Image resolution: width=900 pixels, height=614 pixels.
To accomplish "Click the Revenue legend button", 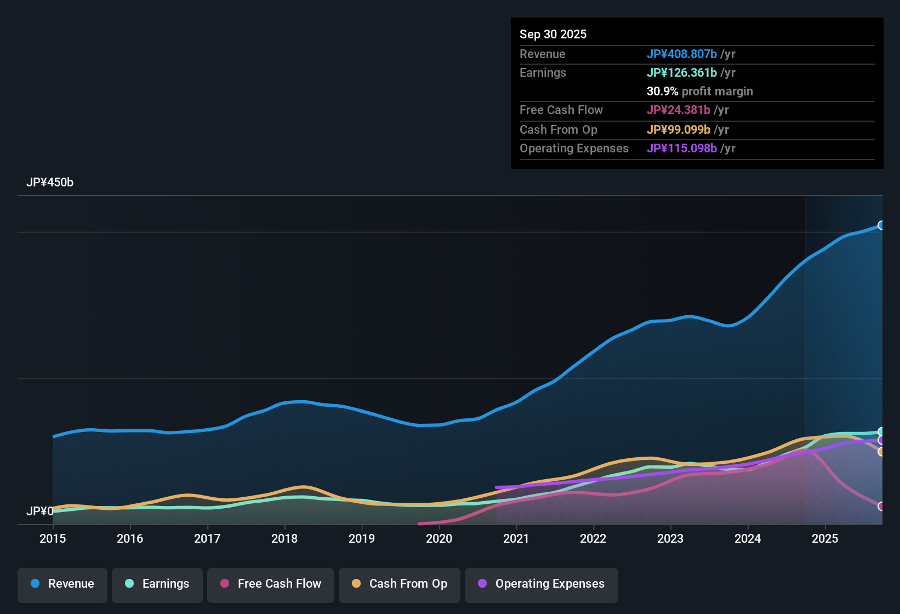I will pos(62,584).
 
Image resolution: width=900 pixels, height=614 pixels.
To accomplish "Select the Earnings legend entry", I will pos(157,584).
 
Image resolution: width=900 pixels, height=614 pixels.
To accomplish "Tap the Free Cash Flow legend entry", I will pos(271,584).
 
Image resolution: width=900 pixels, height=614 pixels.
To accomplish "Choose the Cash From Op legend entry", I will pos(400,584).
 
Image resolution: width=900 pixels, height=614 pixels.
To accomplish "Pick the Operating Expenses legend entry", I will pos(542,584).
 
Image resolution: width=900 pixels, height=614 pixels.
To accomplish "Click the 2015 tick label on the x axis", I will pos(53,539).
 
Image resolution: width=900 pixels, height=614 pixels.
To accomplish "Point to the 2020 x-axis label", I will pos(439,539).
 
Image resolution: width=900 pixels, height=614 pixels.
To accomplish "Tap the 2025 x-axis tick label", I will pos(825,539).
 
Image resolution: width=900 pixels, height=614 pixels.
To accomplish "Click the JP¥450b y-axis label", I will pos(50,183).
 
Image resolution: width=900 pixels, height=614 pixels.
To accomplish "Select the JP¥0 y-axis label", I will pos(39,511).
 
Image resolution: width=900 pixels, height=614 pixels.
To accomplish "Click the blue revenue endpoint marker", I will pos(881,225).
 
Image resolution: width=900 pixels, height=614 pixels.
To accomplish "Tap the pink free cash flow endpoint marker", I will pos(881,506).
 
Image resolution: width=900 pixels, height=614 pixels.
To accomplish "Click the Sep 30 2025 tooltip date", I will pos(553,35).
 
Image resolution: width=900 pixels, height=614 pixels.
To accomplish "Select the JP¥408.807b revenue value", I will pos(682,54).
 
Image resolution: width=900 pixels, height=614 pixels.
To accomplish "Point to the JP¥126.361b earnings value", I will pos(682,73).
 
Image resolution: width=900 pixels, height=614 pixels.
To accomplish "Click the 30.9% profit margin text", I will pos(699,92).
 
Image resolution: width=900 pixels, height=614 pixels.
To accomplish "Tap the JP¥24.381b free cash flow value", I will pos(679,110).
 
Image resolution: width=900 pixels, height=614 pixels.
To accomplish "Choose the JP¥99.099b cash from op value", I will pos(679,130).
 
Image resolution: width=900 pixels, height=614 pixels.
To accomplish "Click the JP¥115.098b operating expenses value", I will pos(682,149).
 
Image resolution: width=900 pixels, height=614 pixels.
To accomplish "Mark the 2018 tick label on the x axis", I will pos(284,539).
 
